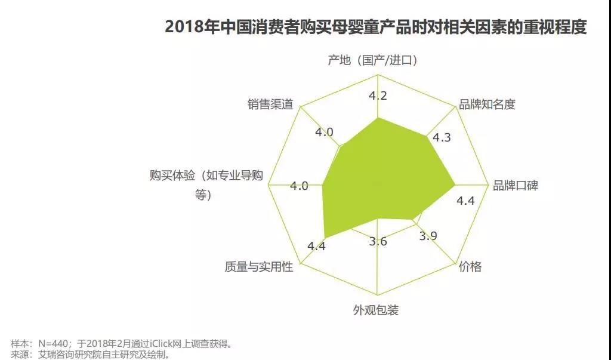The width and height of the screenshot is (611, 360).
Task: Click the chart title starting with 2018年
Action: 375,27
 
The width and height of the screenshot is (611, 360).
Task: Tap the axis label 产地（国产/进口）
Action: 372,60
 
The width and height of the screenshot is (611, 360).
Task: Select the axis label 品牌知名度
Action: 486,104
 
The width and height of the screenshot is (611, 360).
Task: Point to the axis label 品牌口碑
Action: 515,186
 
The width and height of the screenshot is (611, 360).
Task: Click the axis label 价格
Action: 470,266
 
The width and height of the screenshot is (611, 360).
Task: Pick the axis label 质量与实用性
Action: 259,267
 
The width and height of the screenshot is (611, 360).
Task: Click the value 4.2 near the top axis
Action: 378,96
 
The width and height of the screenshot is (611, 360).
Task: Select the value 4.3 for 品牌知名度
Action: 442,137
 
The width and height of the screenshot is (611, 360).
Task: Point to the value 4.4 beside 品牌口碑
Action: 465,201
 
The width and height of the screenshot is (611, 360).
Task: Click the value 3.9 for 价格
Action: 428,236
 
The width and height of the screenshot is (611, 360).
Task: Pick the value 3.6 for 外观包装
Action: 378,241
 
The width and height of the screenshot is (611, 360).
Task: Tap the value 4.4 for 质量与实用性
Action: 316,246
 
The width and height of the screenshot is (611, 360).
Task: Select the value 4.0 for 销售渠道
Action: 325,132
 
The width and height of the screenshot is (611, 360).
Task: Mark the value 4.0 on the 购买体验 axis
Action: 300,186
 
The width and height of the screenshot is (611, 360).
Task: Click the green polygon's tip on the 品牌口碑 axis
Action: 455,184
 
